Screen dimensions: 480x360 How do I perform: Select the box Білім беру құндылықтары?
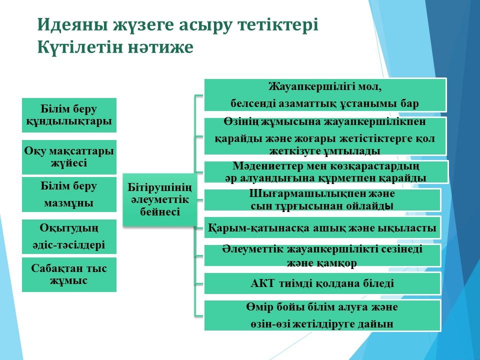[69, 115]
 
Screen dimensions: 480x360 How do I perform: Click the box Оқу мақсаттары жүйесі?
[69, 157]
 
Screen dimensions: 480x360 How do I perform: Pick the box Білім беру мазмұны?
[69, 194]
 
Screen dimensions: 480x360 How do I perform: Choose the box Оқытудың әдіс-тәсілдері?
[69, 236]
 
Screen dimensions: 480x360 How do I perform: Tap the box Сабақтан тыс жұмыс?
[69, 274]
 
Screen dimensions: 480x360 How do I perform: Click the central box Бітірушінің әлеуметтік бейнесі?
[160, 200]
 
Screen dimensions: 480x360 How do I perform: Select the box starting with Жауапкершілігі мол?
[325, 95]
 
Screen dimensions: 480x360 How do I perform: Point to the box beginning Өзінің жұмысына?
[325, 136]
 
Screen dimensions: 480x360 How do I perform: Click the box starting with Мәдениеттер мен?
[326, 172]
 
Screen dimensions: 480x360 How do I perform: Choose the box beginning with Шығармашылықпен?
[322, 200]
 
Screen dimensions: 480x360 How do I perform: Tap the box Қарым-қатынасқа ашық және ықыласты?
[322, 227]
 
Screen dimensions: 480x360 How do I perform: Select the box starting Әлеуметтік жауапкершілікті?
[322, 255]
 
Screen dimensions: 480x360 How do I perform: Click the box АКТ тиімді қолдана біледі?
[322, 283]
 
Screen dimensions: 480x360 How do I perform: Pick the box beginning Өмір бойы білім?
[322, 315]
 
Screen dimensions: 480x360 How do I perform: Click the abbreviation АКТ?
[262, 283]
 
